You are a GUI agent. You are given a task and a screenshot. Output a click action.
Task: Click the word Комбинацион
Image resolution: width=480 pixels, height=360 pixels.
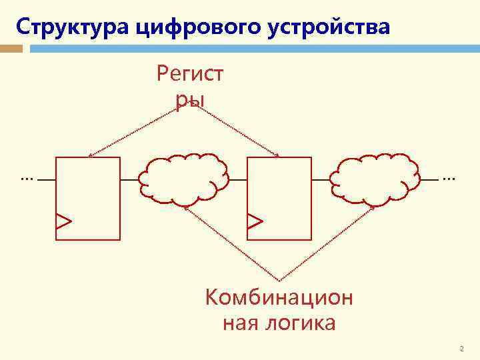[x=279, y=297]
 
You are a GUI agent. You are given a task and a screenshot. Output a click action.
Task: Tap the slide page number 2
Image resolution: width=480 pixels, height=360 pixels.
[x=461, y=349]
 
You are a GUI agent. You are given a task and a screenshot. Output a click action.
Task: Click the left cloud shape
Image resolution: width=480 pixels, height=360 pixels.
[x=183, y=179]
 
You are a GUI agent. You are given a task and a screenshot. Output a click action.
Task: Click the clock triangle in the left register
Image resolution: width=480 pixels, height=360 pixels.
[x=63, y=221]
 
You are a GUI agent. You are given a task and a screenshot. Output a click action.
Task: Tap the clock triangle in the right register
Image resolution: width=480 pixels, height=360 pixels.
[x=255, y=221]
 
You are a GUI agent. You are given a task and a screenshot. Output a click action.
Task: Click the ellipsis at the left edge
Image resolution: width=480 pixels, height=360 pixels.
[x=27, y=179]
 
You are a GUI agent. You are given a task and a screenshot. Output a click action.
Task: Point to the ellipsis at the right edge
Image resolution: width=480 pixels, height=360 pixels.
[x=448, y=179]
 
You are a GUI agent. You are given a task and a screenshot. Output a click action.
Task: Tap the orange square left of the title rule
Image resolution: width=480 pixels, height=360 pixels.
[x=11, y=48]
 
